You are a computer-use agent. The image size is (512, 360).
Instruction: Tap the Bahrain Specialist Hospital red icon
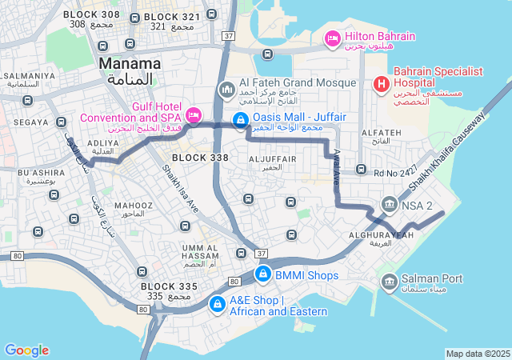pyautogui.click(x=382, y=82)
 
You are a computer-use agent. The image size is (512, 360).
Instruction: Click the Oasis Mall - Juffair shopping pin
pyautogui.click(x=239, y=120)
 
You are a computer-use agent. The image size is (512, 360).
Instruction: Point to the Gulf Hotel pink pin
pyautogui.click(x=193, y=115)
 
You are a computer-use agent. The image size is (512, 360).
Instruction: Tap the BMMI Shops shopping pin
pyautogui.click(x=262, y=274)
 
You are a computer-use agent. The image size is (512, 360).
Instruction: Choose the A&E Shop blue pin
pyautogui.click(x=217, y=304)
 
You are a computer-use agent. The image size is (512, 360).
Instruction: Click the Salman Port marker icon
pyautogui.click(x=390, y=281)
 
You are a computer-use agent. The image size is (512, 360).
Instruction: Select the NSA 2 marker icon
pyautogui.click(x=390, y=204)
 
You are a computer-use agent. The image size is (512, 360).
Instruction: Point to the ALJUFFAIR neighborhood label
pyautogui.click(x=273, y=159)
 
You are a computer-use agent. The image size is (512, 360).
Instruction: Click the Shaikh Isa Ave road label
pyautogui.click(x=181, y=190)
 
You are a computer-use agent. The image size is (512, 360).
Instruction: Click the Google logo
pyautogui.click(x=26, y=350)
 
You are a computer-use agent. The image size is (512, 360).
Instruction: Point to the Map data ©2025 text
pyautogui.click(x=478, y=354)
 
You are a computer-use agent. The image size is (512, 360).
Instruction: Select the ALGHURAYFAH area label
pyautogui.click(x=382, y=235)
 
